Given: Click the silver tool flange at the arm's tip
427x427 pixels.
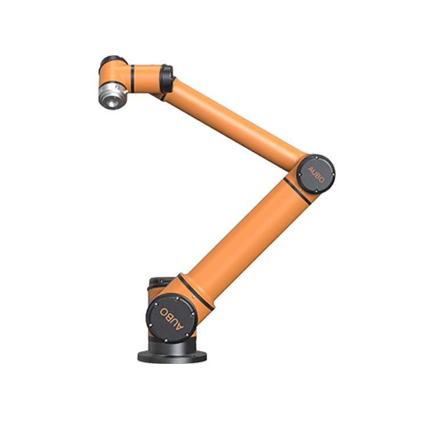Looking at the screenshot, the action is click(x=113, y=96).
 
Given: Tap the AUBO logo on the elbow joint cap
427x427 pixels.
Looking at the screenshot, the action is click(x=316, y=175).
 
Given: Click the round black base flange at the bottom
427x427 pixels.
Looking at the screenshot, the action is click(x=172, y=356).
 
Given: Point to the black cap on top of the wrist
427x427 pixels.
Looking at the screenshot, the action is click(x=113, y=60).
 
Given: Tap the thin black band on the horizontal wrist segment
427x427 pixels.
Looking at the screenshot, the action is click(x=132, y=79).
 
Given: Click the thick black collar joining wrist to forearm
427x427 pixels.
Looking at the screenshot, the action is click(x=166, y=79).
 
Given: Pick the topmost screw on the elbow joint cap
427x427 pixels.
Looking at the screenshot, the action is click(x=317, y=157).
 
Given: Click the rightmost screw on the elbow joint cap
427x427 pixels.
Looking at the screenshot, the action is click(x=333, y=174).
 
